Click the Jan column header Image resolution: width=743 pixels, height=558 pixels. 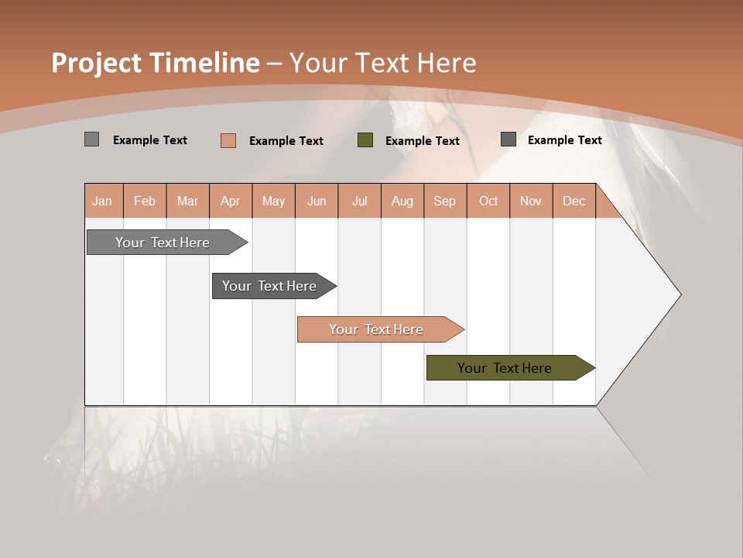pos(103,201)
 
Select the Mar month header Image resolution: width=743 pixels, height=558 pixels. pos(187,201)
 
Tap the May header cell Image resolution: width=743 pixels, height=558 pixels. pos(273,201)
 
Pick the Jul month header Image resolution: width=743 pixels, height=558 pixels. pos(359,201)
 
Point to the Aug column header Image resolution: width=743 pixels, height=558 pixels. pos(402,201)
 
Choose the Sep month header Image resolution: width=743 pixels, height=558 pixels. pos(445,201)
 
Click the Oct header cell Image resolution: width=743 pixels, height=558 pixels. pos(488,201)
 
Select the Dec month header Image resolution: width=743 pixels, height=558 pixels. pos(574,201)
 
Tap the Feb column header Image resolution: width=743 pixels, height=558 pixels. pos(145,201)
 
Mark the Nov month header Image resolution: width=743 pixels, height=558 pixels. pos(531,201)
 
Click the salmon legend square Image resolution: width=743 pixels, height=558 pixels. pos(228,140)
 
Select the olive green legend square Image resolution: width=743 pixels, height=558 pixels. pos(365,140)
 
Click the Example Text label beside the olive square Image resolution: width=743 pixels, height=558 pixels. pos(423,141)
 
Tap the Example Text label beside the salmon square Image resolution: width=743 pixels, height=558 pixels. pos(286,141)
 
